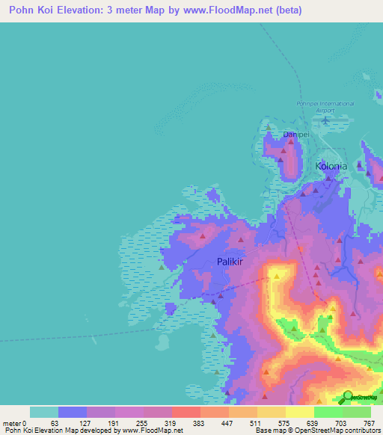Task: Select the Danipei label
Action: (x=296, y=135)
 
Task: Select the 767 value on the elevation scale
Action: (x=370, y=422)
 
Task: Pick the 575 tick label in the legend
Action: (x=286, y=422)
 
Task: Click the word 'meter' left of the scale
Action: (x=12, y=422)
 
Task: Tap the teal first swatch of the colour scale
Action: (x=44, y=412)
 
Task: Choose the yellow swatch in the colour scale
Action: (x=300, y=412)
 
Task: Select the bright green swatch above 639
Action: (x=328, y=412)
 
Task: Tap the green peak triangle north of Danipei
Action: (x=288, y=127)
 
